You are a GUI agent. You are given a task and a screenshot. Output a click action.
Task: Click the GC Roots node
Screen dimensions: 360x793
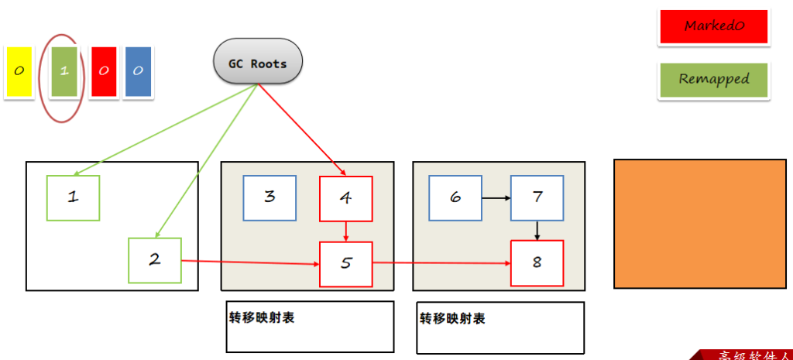tap(257, 63)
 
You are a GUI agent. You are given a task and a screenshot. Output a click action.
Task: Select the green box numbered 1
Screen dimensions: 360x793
tap(73, 198)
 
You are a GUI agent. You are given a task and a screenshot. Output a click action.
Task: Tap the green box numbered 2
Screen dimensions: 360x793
tap(154, 260)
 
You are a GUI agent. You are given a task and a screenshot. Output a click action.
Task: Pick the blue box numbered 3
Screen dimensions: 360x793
tap(269, 198)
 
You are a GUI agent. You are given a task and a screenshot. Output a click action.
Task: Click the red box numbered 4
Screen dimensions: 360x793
tap(345, 199)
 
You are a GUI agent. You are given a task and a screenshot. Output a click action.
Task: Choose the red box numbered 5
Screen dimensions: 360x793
tap(345, 264)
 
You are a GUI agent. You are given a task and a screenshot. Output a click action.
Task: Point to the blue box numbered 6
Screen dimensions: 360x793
tap(455, 198)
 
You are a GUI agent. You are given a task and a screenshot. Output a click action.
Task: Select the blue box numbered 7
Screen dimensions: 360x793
tap(537, 198)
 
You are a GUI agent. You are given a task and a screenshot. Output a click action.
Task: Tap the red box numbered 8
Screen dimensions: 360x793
tap(537, 263)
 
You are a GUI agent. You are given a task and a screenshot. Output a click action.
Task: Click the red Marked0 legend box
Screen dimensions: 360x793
tap(713, 26)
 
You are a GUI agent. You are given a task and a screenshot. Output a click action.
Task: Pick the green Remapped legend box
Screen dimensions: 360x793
tap(713, 80)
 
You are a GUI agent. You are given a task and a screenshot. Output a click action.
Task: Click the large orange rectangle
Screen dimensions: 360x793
tap(692, 224)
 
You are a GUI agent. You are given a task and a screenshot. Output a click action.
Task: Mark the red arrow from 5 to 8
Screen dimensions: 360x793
tap(441, 264)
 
